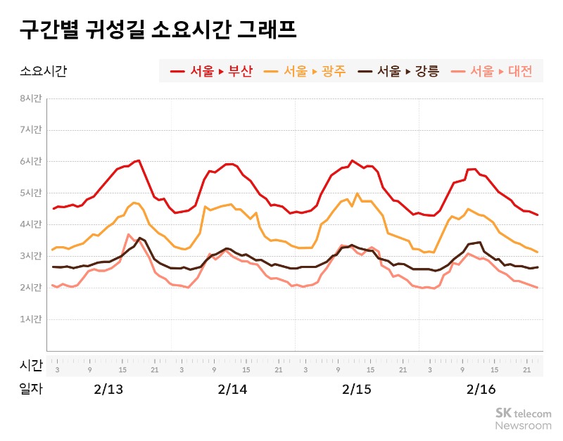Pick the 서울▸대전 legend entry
[492, 71]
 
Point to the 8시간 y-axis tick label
[30, 98]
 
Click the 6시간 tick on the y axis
[30, 162]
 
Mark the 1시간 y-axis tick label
[30, 319]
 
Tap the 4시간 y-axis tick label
[30, 224]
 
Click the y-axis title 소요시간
[43, 71]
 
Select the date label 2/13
[108, 390]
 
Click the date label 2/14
[232, 390]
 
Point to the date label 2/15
[357, 390]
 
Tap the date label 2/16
[482, 390]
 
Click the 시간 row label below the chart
[31, 365]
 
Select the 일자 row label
[31, 390]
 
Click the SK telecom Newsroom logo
[523, 419]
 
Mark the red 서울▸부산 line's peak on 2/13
[139, 160]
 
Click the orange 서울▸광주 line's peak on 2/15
[357, 193]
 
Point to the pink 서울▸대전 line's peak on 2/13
[128, 234]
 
